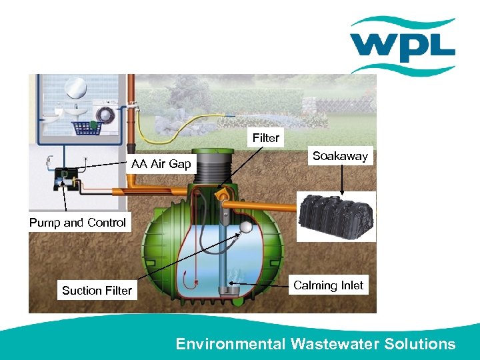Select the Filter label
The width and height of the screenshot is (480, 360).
(265, 138)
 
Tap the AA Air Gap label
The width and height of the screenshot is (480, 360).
(161, 164)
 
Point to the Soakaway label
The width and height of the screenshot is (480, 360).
(340, 156)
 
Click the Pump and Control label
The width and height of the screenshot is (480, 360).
(77, 223)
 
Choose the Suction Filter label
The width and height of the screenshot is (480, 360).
(97, 290)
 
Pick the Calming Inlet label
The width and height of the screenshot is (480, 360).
(328, 285)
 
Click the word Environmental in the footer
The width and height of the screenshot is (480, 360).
(230, 344)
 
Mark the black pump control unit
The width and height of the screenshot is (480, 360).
(66, 175)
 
